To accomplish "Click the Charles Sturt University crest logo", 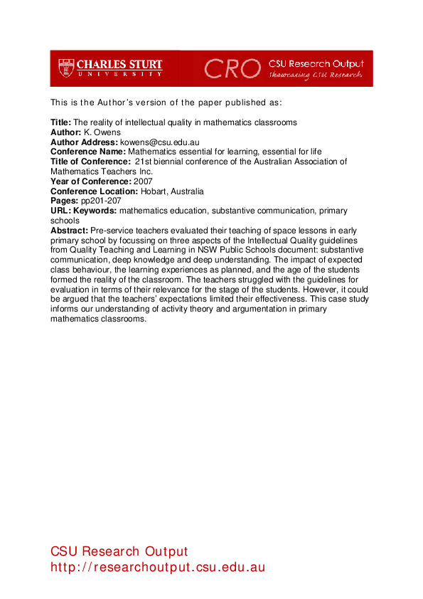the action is pyautogui.click(x=66, y=68).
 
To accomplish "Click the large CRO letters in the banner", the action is pyautogui.click(x=232, y=68).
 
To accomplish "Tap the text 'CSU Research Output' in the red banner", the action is pyautogui.click(x=316, y=63).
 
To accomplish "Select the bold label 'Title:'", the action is pyautogui.click(x=61, y=122).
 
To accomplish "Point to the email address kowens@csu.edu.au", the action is pyautogui.click(x=159, y=142).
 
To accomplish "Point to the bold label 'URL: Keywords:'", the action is pyautogui.click(x=84, y=211).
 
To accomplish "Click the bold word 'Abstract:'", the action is pyautogui.click(x=70, y=230).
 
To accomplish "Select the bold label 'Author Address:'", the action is pyautogui.click(x=84, y=142).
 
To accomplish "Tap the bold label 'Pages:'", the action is pyautogui.click(x=65, y=201).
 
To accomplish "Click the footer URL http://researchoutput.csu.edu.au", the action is pyautogui.click(x=158, y=567).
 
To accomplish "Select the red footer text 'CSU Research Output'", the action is pyautogui.click(x=119, y=551).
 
